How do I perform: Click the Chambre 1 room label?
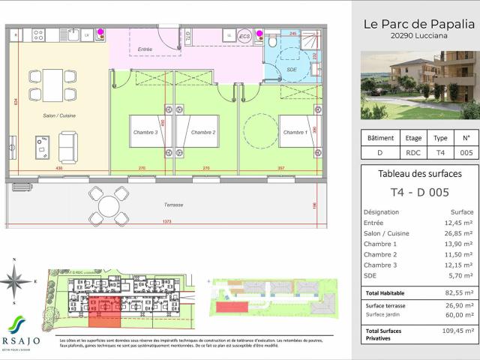tap(295, 133)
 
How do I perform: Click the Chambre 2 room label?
tap(203, 133)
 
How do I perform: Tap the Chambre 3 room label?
tap(145, 133)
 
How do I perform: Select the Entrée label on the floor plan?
tap(145, 49)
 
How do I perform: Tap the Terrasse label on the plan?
tap(174, 205)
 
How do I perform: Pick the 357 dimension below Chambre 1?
tap(282, 169)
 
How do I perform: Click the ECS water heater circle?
tap(244, 35)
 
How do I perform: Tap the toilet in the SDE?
tap(271, 42)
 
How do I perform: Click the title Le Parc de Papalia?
tap(415, 24)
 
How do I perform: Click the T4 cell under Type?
tap(441, 152)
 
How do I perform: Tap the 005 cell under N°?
tap(466, 152)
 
